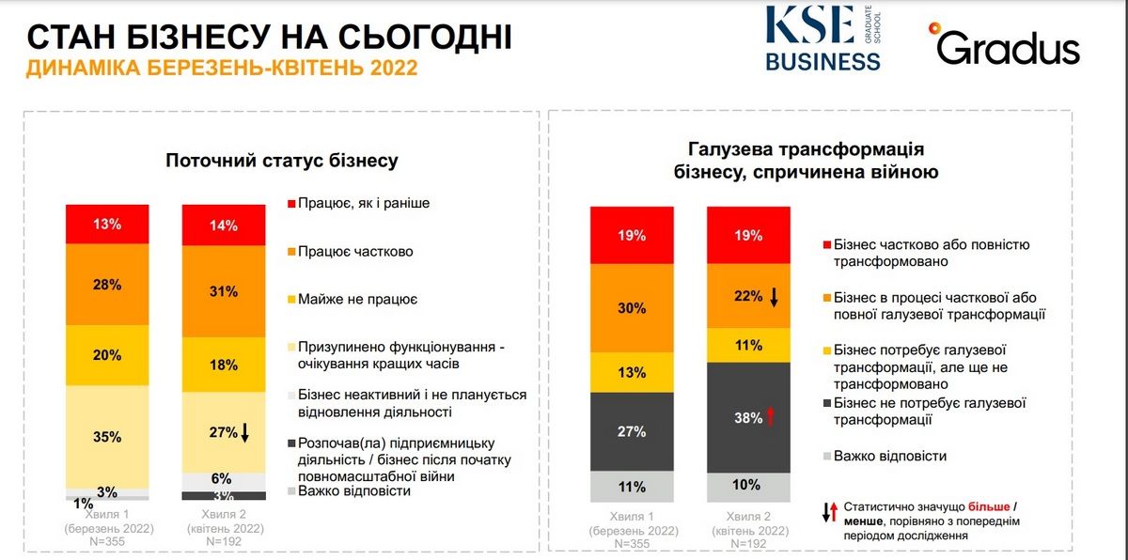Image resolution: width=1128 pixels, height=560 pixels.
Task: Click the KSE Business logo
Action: coord(822,38)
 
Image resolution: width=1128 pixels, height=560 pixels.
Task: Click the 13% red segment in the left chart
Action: coord(107,224)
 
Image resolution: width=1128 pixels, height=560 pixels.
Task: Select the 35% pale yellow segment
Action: coord(107,437)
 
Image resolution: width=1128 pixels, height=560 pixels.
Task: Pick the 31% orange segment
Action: coord(224,291)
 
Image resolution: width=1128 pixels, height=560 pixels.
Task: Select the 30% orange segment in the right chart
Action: coord(632,307)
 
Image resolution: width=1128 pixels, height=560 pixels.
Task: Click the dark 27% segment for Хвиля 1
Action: coord(632,431)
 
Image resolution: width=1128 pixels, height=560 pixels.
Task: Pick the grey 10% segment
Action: coord(748,486)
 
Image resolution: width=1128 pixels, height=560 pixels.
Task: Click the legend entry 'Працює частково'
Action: coord(355,251)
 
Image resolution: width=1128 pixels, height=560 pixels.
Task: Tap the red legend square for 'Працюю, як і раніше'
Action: coord(291,203)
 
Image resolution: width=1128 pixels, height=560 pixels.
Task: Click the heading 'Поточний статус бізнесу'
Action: coord(281,161)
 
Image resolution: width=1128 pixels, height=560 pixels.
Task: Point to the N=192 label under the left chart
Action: coord(224,542)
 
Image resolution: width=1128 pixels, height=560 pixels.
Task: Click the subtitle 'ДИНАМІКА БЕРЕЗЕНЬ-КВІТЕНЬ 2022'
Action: coord(222,69)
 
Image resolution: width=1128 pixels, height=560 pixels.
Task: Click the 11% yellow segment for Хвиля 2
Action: coord(748,344)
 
